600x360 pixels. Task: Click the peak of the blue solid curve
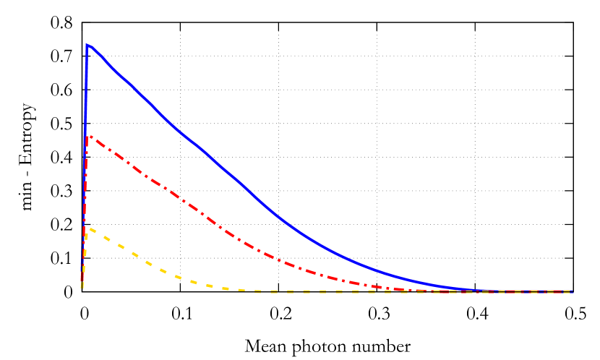pos(87,45)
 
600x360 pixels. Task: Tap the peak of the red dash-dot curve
pos(89,136)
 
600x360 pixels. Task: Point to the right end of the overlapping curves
pos(571,291)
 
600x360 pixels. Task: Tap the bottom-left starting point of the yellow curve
pos(82,287)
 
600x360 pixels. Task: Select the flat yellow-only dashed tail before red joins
pos(325,291)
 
